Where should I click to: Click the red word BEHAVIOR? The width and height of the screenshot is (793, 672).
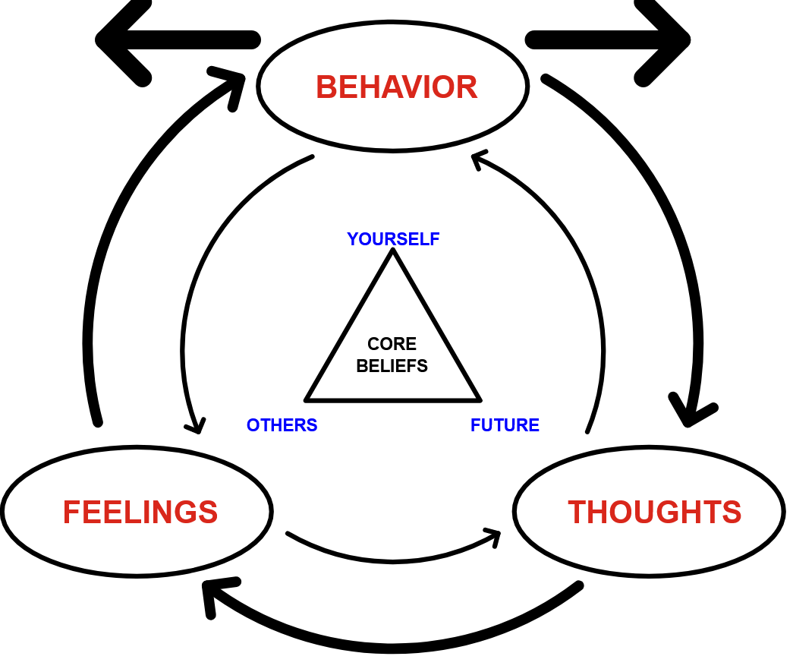396,87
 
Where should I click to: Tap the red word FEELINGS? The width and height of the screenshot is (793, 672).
140,512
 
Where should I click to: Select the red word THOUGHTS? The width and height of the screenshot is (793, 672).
654,512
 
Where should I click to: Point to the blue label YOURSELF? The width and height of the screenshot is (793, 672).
393,239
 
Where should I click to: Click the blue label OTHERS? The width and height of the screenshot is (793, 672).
282,425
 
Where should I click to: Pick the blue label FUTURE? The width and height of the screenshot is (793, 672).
505,425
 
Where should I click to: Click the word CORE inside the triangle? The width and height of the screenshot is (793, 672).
392,345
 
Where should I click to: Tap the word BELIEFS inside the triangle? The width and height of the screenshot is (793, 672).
392,366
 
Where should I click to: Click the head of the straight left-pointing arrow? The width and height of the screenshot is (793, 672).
114,39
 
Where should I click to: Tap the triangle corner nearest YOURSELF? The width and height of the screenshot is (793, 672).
392,252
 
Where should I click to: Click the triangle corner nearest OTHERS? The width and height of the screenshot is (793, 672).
307,398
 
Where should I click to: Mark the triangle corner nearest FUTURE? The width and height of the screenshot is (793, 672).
479,398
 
